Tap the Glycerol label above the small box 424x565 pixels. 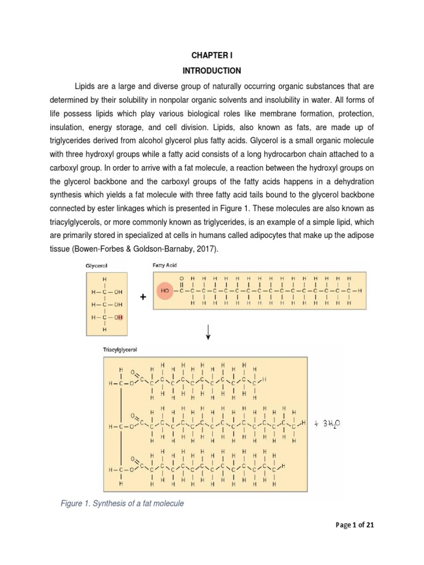[97, 265]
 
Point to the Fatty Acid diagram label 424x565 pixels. [165, 265]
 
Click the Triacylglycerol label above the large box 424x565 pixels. [120, 350]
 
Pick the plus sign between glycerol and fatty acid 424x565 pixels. [143, 297]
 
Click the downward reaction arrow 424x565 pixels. [208, 332]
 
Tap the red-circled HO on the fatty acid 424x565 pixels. [165, 290]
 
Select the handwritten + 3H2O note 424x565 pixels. [328, 423]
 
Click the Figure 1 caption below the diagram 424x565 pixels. [122, 503]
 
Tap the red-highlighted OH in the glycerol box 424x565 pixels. [119, 317]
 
